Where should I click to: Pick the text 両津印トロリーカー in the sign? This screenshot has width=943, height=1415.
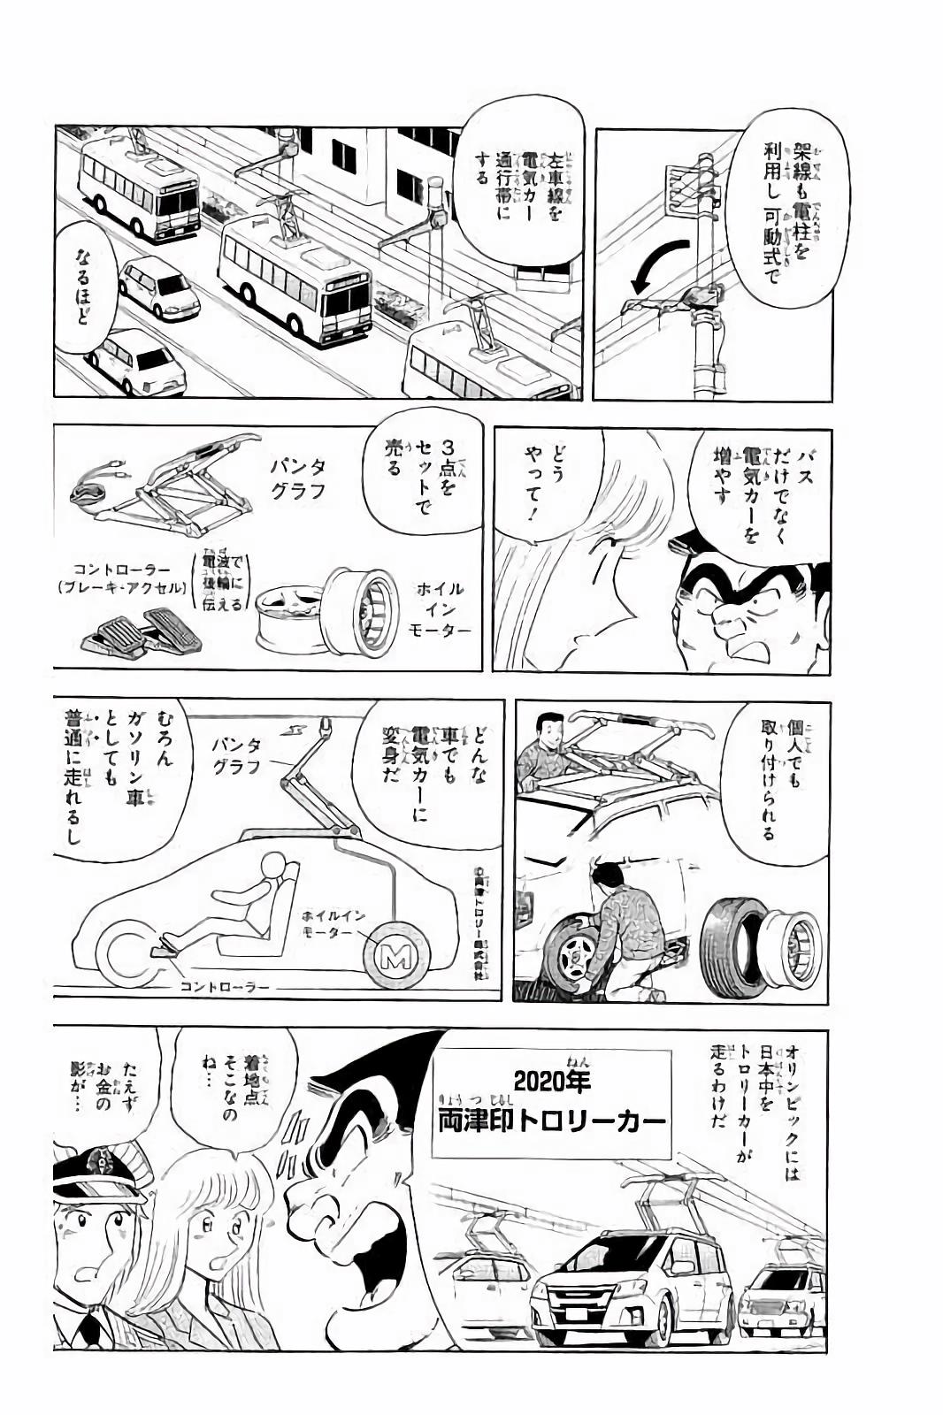click(550, 1121)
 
